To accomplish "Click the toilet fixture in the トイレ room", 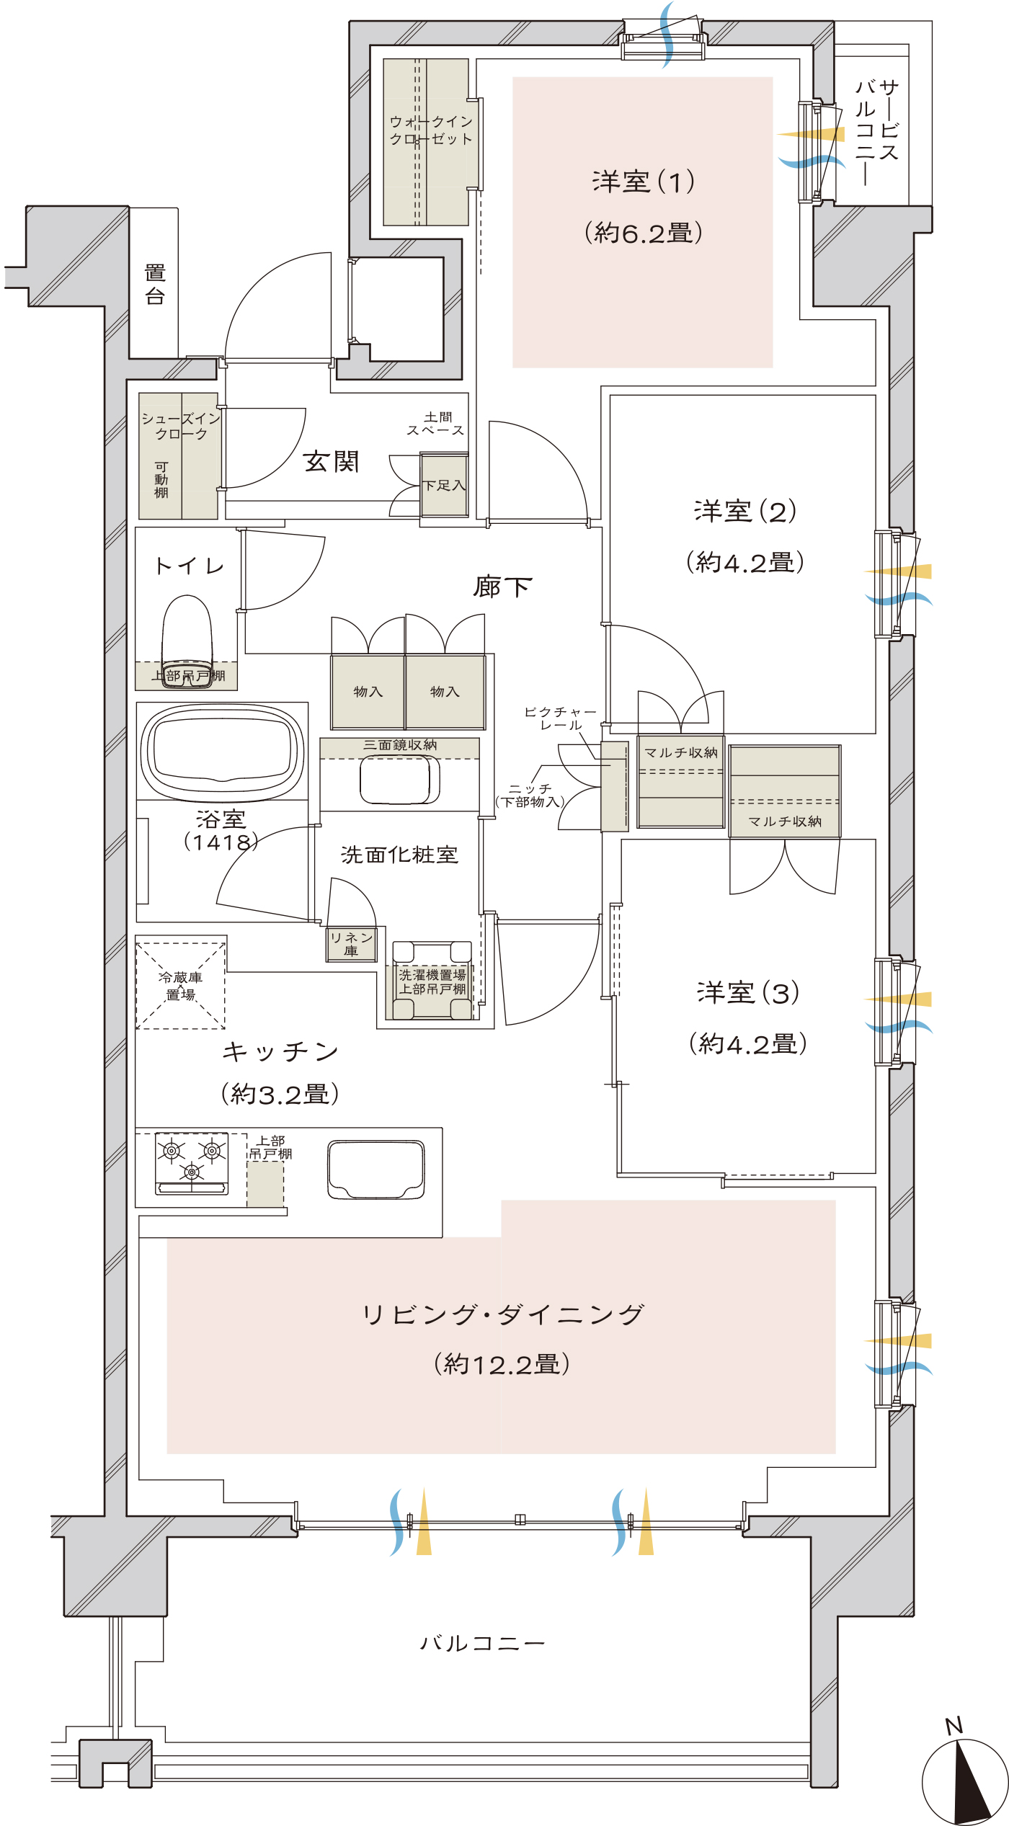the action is tap(187, 641).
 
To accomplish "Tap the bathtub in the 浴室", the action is tap(222, 751).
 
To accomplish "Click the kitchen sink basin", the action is tap(376, 1169).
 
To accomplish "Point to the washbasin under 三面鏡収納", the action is tap(400, 780).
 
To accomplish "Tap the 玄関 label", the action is tap(332, 461).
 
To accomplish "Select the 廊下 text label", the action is tap(502, 587).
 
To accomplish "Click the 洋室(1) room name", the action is tap(644, 182).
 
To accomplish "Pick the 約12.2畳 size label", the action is tap(502, 1363).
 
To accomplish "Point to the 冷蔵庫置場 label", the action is tap(180, 986).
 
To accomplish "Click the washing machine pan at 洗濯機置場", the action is tap(432, 980).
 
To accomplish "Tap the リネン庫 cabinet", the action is tap(351, 944).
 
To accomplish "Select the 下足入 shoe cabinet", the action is tap(445, 486).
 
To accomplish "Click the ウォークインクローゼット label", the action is tap(431, 130).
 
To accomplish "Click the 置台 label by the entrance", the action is tap(155, 284).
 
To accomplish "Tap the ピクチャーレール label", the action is tap(560, 718).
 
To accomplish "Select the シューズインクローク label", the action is tap(181, 426).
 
